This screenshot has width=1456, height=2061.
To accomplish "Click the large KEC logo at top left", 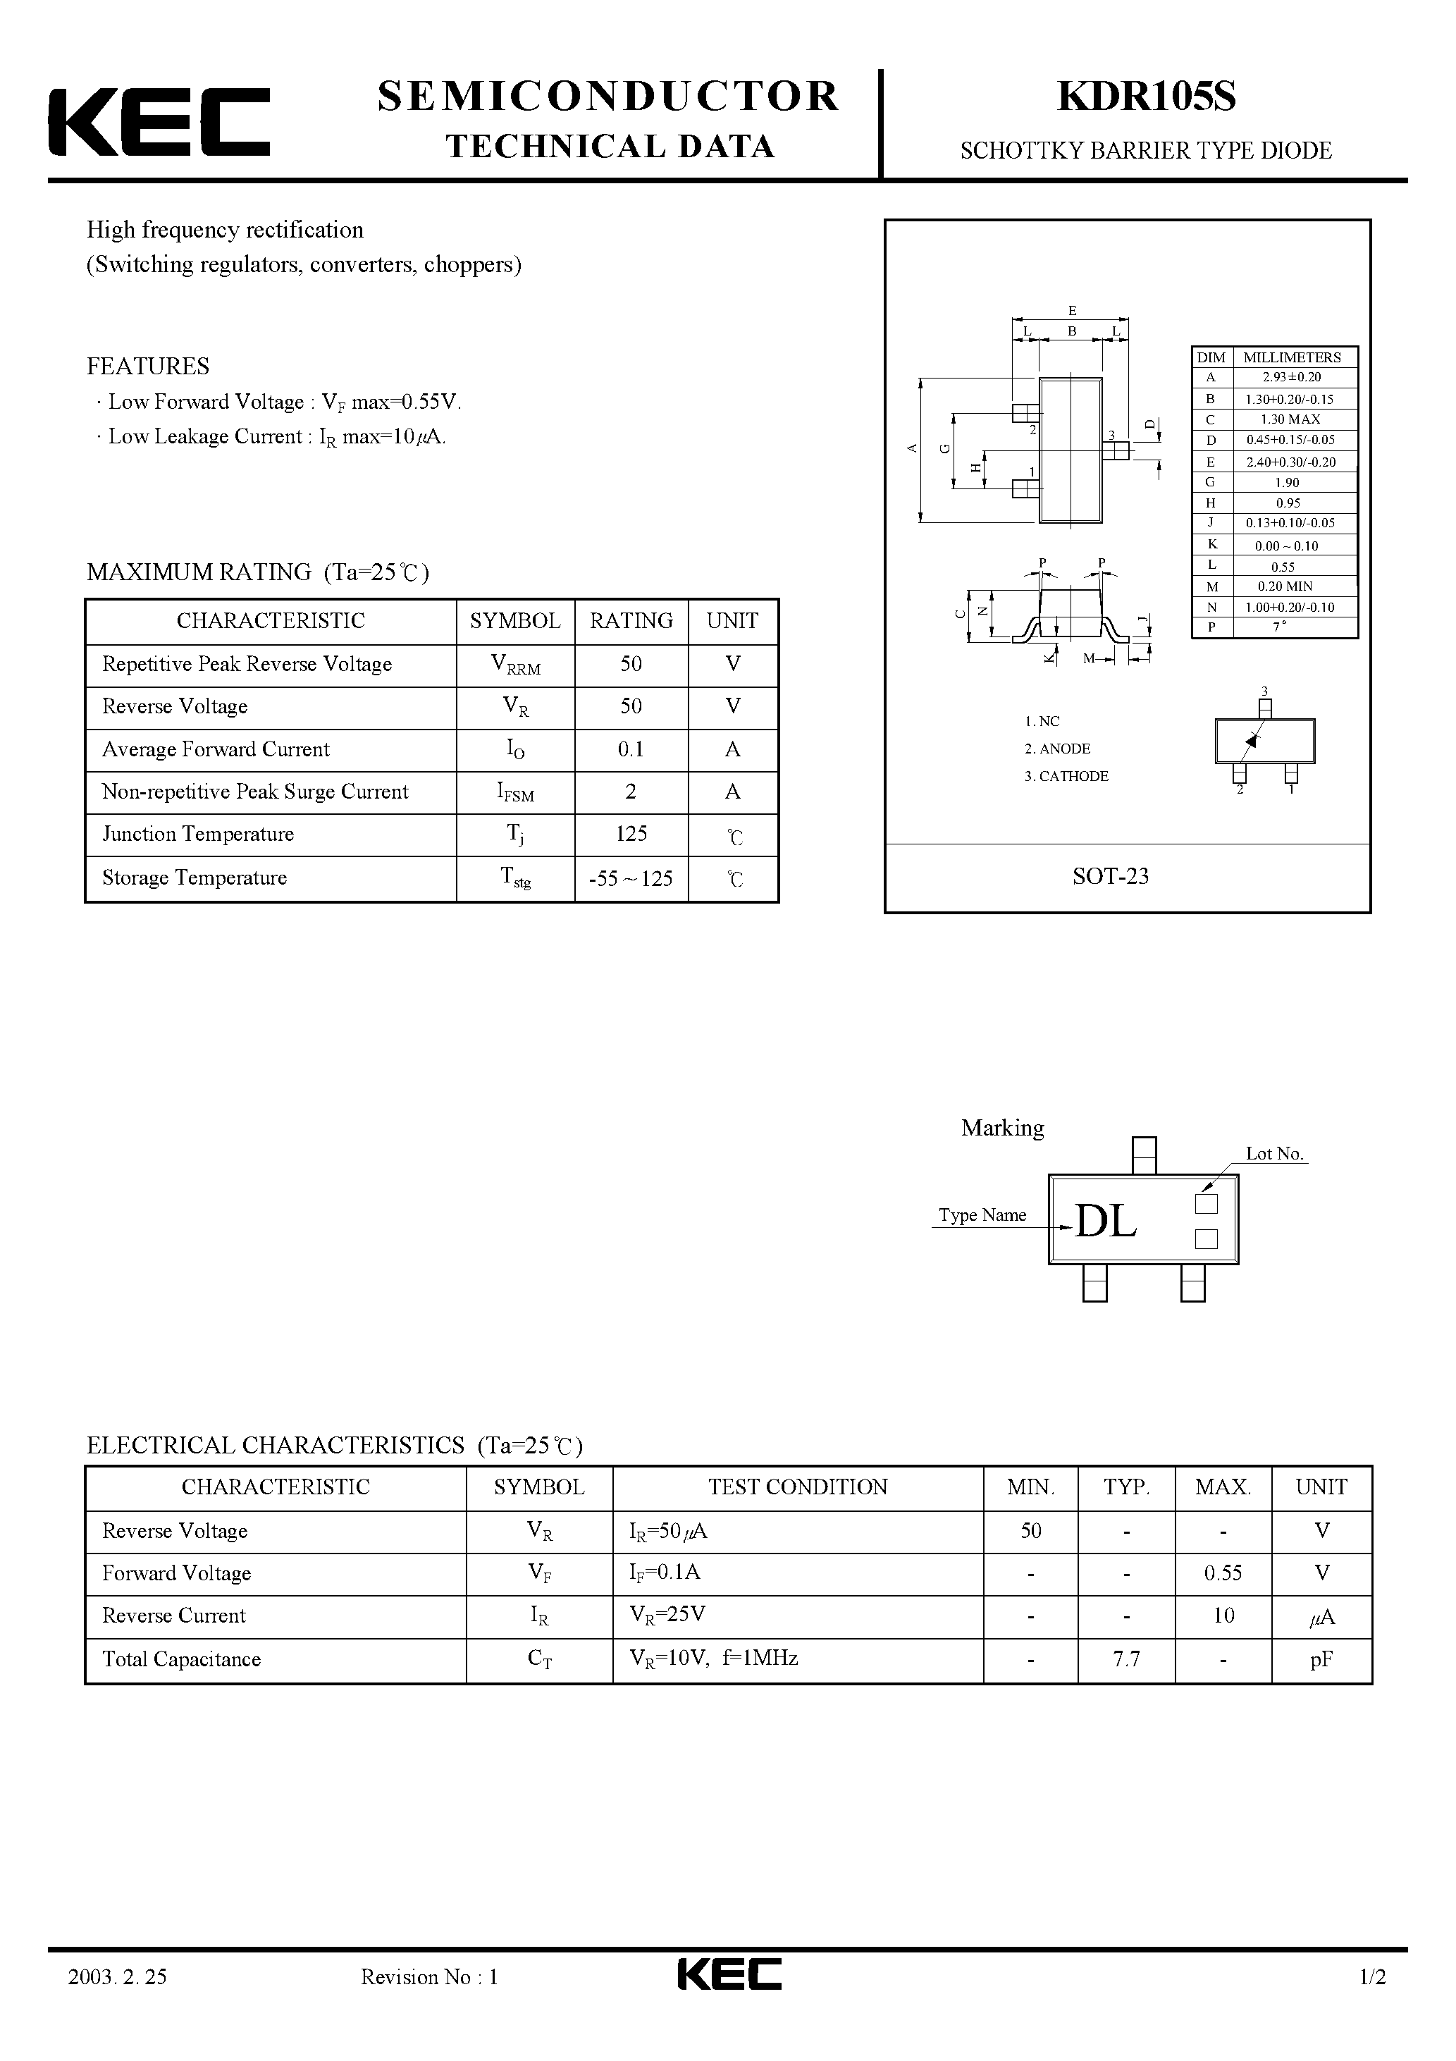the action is click(159, 122).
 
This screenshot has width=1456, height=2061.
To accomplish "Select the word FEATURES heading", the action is click(148, 367).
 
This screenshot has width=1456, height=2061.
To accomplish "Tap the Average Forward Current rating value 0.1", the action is click(631, 749).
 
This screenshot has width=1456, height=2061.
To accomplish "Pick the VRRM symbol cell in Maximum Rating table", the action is click(515, 665).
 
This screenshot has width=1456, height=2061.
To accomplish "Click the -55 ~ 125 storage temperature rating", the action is click(631, 879).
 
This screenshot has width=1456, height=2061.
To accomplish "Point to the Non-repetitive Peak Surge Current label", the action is click(255, 792).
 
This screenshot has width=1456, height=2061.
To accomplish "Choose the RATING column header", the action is click(631, 621).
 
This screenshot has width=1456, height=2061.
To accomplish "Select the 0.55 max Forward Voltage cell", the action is click(1223, 1573).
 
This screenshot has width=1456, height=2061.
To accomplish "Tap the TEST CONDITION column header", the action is click(797, 1487).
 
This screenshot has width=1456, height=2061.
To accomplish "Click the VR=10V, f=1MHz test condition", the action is click(714, 1659).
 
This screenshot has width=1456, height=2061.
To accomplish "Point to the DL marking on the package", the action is click(1105, 1222).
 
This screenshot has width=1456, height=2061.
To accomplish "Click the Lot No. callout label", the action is click(1273, 1153).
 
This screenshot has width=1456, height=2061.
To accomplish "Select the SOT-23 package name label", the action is click(1111, 876).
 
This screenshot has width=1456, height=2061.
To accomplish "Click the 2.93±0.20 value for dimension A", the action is click(1291, 378).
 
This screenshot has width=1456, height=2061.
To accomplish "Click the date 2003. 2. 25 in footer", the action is click(118, 2001).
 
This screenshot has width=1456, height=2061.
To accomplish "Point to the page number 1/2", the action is click(1373, 2001).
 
